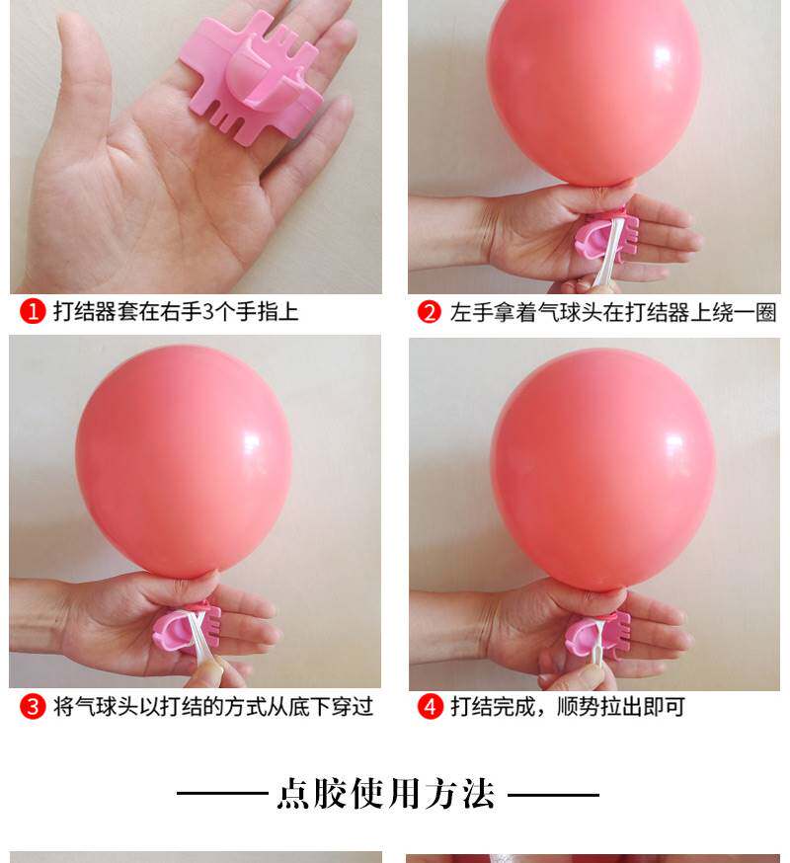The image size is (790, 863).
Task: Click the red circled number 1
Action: pyautogui.click(x=33, y=311)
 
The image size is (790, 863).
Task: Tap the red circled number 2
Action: pyautogui.click(x=430, y=312)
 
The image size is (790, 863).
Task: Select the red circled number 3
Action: pyautogui.click(x=33, y=706)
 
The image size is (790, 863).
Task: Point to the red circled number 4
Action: pyautogui.click(x=430, y=706)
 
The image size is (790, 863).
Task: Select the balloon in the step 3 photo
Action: pyautogui.click(x=184, y=461)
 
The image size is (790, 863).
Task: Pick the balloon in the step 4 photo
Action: pyautogui.click(x=603, y=468)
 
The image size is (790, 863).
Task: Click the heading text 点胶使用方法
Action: pyautogui.click(x=386, y=794)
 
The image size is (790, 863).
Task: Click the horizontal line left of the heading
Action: pyautogui.click(x=222, y=794)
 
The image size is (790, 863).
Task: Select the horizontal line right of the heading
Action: pyautogui.click(x=553, y=794)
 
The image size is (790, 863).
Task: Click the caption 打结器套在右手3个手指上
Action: pyautogui.click(x=176, y=311)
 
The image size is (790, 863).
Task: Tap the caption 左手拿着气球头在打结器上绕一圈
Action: pyautogui.click(x=613, y=312)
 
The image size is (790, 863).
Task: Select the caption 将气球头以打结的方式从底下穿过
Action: pyautogui.click(x=213, y=706)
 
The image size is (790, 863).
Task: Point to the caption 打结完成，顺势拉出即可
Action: pyautogui.click(x=568, y=706)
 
